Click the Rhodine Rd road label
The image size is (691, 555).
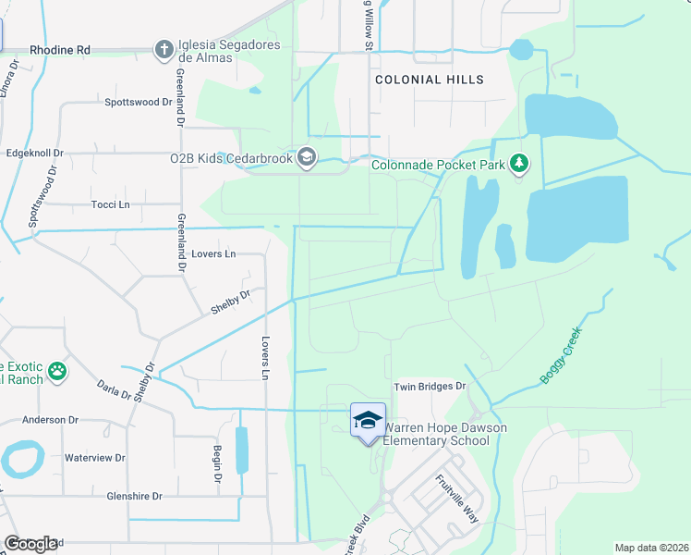(60, 49)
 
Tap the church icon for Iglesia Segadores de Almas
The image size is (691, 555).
(164, 49)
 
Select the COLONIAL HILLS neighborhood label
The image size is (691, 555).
(430, 80)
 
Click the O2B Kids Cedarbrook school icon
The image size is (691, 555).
(307, 157)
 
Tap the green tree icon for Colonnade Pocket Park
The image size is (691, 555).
(519, 165)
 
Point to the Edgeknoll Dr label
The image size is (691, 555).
(34, 153)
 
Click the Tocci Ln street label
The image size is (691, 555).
(110, 203)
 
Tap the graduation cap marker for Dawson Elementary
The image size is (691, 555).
(368, 421)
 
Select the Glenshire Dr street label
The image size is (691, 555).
(134, 496)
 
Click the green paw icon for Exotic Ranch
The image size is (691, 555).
(57, 371)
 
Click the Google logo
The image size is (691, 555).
(30, 544)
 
